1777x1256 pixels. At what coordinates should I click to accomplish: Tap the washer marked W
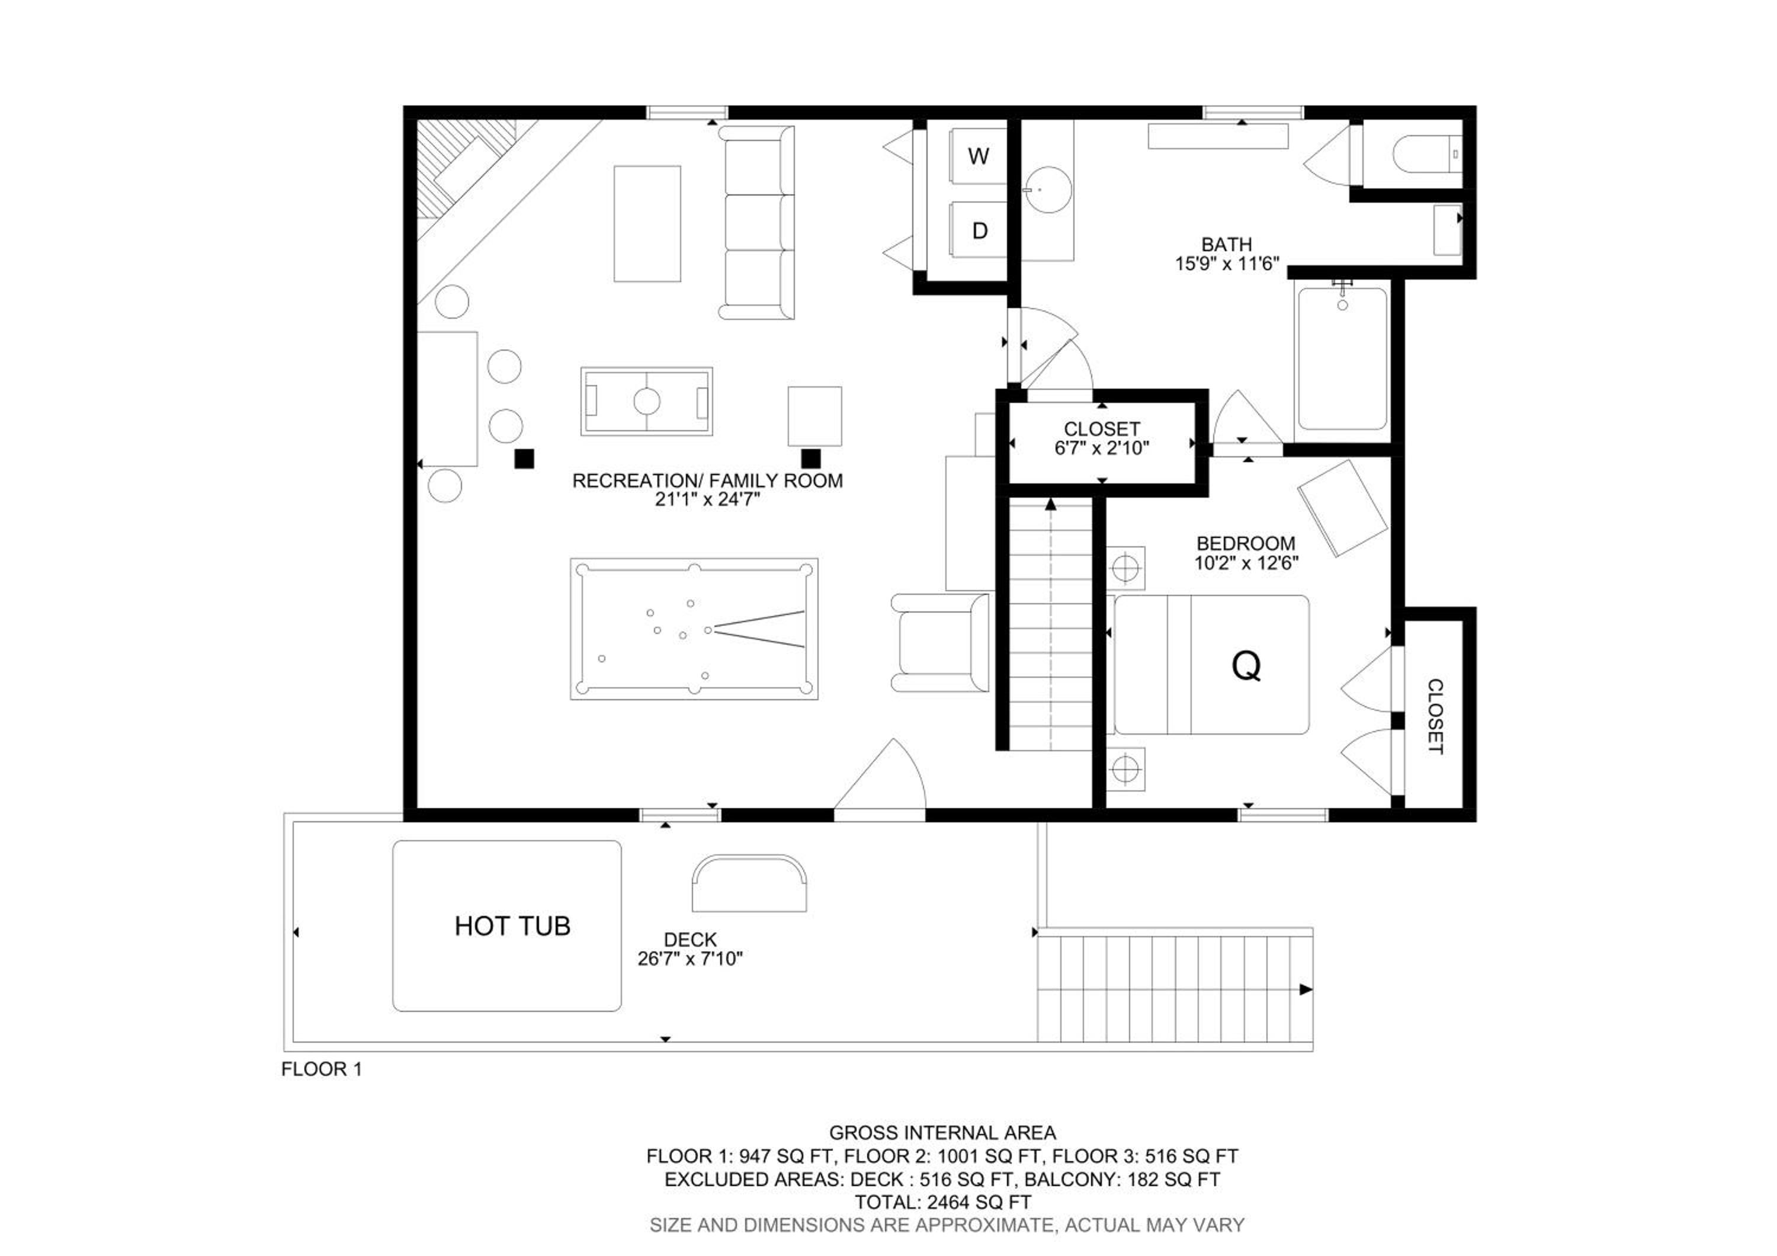[x=979, y=156]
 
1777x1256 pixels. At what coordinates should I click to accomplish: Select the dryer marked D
[x=979, y=230]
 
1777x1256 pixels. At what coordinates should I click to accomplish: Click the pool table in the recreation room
[x=694, y=629]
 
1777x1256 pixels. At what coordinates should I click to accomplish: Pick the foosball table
[x=646, y=402]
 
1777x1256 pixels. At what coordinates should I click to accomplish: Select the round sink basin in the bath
[x=1048, y=189]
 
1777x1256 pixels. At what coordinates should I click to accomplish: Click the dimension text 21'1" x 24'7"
[x=707, y=499]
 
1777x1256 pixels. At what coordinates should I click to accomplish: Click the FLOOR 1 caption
[x=321, y=1069]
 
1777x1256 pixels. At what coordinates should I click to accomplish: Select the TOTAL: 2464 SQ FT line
[x=942, y=1202]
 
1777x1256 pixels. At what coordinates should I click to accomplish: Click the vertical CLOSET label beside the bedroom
[x=1434, y=716]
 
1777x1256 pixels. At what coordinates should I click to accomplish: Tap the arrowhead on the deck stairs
[x=1305, y=989]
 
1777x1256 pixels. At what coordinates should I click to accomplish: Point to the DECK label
[x=691, y=940]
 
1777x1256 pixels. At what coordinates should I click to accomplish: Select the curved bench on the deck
[x=749, y=883]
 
